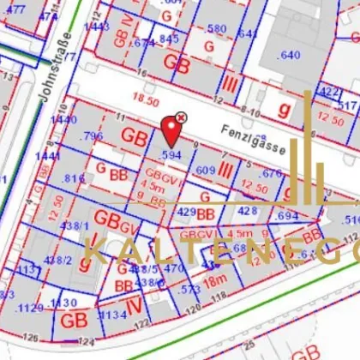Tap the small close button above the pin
click(x=181, y=117)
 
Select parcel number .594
click(x=172, y=155)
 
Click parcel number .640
click(x=289, y=56)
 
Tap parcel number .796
click(x=91, y=136)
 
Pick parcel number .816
click(x=74, y=178)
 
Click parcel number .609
click(x=206, y=171)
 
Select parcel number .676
click(x=270, y=174)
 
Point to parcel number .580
click(x=217, y=29)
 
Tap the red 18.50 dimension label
click(x=147, y=101)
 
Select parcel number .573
click(x=190, y=291)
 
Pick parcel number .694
click(x=287, y=216)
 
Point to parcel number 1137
click(x=29, y=270)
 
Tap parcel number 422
click(x=329, y=92)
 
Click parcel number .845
click(x=169, y=38)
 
